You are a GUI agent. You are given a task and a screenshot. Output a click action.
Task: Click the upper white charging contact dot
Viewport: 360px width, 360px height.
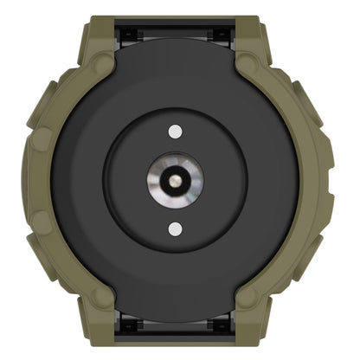[177, 131]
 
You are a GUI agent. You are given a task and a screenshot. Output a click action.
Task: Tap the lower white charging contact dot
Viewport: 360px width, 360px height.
[177, 229]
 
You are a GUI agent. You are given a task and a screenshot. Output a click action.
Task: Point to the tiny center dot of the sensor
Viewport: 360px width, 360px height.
[177, 180]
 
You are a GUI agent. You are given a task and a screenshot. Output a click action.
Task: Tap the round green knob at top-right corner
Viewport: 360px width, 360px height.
[252, 64]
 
